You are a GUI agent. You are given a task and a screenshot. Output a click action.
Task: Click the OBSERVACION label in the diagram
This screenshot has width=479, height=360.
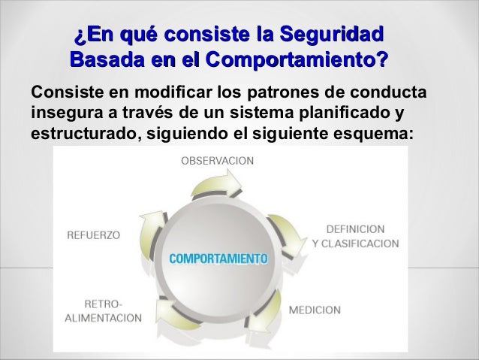[218, 160]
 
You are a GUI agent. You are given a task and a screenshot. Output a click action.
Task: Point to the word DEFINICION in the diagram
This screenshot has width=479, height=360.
[356, 228]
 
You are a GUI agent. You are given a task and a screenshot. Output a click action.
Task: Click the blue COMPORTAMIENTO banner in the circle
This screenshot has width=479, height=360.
[218, 259]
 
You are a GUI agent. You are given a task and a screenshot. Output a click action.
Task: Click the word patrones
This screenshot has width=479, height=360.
[264, 95]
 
